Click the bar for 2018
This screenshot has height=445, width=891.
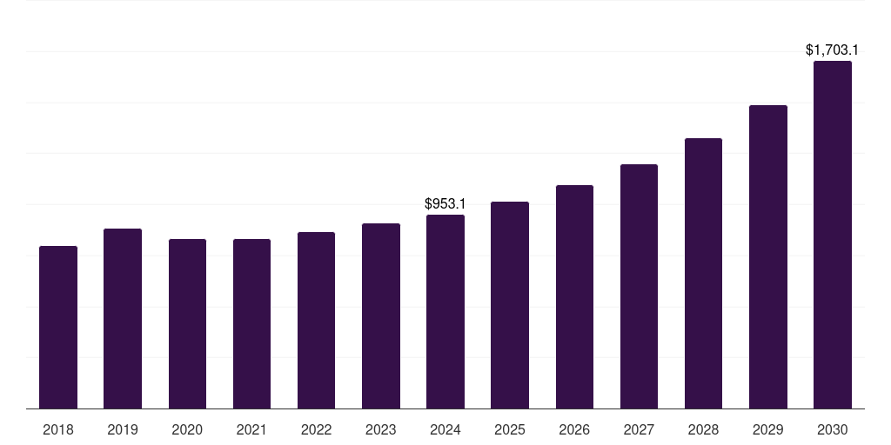point(58,328)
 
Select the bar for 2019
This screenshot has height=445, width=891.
point(123,319)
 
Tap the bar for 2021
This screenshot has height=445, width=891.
point(251,324)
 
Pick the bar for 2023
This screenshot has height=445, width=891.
point(381,316)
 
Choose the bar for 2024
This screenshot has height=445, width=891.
point(445,312)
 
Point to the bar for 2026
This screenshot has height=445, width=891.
point(574,297)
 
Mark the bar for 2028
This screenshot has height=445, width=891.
point(703,274)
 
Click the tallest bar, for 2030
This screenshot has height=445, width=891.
point(833,235)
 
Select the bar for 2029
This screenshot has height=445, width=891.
point(768,257)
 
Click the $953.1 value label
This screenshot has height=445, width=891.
point(445,203)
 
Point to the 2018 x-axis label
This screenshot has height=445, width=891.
point(58,429)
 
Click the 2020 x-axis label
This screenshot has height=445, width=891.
point(187,429)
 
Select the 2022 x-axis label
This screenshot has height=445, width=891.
point(316,429)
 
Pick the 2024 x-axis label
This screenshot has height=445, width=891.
point(445,429)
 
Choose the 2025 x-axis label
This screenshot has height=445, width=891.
point(510,429)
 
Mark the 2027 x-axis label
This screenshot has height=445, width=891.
point(639,429)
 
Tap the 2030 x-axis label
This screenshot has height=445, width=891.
point(833,429)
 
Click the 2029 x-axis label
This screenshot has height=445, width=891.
point(768,429)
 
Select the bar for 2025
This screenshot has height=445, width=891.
point(510,305)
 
